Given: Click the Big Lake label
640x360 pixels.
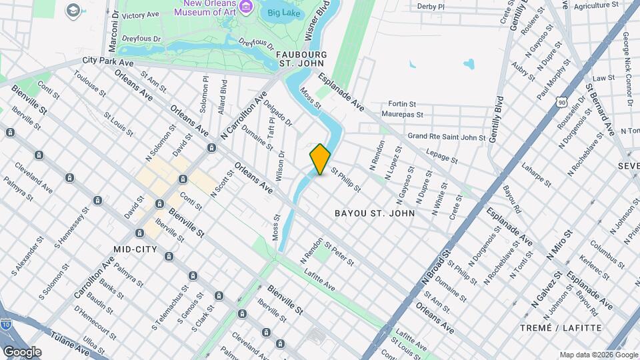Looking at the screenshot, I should (x=283, y=12).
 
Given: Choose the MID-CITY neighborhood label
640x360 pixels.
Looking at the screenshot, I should (x=135, y=249).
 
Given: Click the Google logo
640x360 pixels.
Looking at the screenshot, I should (x=22, y=351).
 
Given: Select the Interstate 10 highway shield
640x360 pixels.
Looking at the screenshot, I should (x=5, y=325).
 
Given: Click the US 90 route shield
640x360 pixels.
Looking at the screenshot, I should (x=563, y=102).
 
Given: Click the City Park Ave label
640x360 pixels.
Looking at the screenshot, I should (x=108, y=61).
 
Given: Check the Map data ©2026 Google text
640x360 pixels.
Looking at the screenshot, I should (x=597, y=354).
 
